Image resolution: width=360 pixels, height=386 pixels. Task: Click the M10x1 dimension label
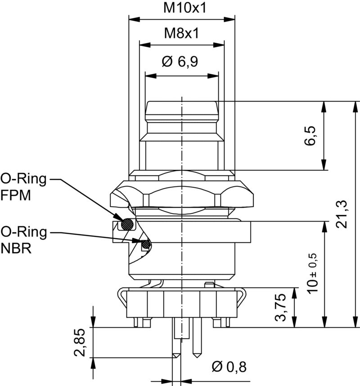pos(181,8)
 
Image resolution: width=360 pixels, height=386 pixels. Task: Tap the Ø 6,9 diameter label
pos(181,62)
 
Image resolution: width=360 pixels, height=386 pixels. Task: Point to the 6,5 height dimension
pos(310,136)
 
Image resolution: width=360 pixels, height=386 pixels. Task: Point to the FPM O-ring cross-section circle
pos(128,224)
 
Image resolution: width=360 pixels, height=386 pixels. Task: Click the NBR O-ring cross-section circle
pos(145,245)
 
